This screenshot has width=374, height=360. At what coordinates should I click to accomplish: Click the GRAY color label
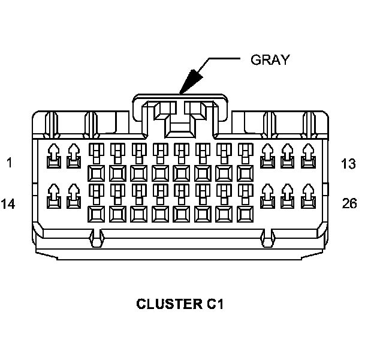tap(270, 59)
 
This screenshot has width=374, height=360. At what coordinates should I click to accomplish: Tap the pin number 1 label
tap(8, 163)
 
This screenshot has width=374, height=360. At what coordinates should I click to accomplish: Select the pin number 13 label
tap(349, 164)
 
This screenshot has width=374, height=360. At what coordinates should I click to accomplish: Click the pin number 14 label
tap(8, 203)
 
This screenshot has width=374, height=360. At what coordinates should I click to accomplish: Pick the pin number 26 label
tap(349, 203)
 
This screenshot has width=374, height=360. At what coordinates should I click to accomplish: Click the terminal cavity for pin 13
tap(309, 157)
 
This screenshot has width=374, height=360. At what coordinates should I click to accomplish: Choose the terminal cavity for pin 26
tap(309, 196)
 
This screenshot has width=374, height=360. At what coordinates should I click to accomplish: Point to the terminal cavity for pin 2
tap(74, 157)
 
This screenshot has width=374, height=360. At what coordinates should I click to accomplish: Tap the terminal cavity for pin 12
tap(288, 157)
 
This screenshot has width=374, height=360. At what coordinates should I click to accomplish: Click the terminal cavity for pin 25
tap(288, 196)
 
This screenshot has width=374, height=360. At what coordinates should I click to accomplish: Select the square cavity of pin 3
tap(96, 173)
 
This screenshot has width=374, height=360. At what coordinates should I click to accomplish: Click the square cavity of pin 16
tap(96, 214)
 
